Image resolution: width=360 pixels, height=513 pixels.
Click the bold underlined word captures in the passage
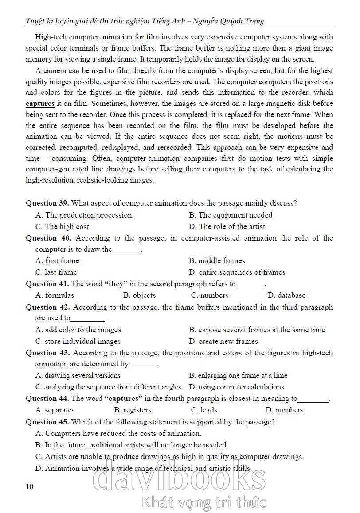point(40,104)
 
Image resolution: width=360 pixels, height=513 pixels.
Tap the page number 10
point(30,487)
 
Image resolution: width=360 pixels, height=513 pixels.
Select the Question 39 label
point(47,203)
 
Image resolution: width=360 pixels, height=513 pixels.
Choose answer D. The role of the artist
point(227,226)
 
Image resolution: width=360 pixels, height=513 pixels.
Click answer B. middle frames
point(217,260)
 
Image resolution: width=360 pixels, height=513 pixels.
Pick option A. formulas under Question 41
point(55,295)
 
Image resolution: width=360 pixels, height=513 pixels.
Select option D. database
point(286,295)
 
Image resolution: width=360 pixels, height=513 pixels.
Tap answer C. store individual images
point(78,341)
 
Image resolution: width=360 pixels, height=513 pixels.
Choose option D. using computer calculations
point(236,387)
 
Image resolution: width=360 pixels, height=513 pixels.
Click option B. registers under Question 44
point(133,410)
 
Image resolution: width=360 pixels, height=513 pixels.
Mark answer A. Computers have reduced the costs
point(118,433)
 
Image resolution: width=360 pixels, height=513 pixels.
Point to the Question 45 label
point(47,422)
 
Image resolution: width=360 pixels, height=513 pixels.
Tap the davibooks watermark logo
point(180,479)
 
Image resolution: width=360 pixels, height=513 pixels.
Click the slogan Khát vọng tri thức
point(204,503)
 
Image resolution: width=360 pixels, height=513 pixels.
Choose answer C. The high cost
point(62,226)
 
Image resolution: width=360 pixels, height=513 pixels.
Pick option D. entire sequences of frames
point(237,272)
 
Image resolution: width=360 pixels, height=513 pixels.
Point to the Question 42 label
point(47,307)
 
